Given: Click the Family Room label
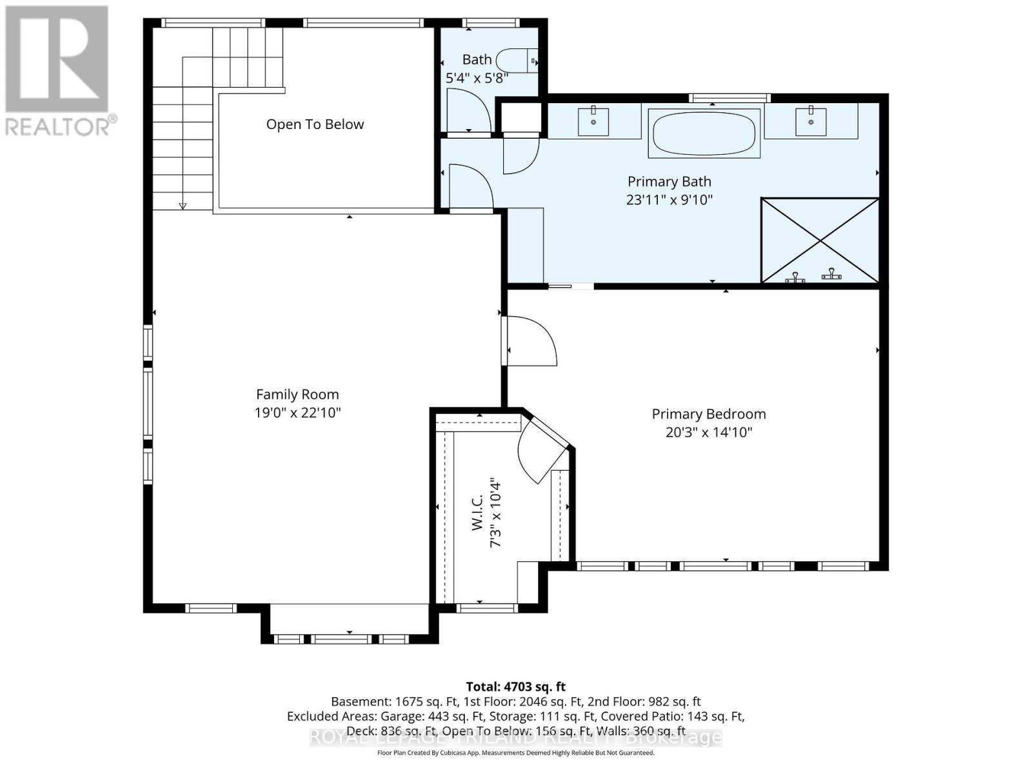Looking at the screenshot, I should pyautogui.click(x=297, y=394).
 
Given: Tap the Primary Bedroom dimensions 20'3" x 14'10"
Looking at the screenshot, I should pyautogui.click(x=709, y=432).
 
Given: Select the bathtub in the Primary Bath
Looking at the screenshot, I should pyautogui.click(x=704, y=134).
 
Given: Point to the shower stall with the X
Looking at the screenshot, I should pyautogui.click(x=820, y=240).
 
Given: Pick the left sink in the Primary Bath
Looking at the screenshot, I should pyautogui.click(x=593, y=121).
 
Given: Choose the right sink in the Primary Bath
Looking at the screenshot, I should pyautogui.click(x=811, y=121).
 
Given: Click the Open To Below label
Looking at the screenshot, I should pyautogui.click(x=315, y=124).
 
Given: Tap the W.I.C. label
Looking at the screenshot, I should pyautogui.click(x=478, y=513).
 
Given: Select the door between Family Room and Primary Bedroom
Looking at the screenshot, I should pyautogui.click(x=530, y=342).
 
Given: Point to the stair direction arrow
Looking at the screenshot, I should pyautogui.click(x=183, y=206).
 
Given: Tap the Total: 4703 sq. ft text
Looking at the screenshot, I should pyautogui.click(x=515, y=687).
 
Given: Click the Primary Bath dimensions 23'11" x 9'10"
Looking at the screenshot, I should pyautogui.click(x=669, y=200).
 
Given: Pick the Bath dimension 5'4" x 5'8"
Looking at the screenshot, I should pyautogui.click(x=477, y=79).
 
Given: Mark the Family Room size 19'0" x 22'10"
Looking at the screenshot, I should pyautogui.click(x=297, y=413).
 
